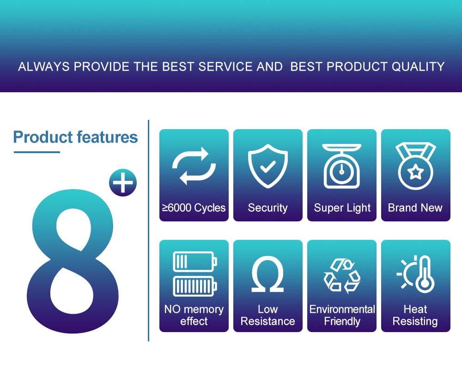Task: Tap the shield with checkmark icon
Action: click(x=268, y=166)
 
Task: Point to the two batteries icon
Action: click(x=194, y=274)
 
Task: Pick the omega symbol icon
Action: click(x=268, y=274)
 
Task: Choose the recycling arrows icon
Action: click(x=342, y=275)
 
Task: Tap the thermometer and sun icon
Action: click(x=416, y=274)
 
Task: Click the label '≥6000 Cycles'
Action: click(x=194, y=208)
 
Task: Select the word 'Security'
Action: click(x=268, y=208)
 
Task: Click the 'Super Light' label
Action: click(x=342, y=208)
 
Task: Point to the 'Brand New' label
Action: click(x=415, y=208)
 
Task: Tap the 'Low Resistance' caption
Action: click(x=268, y=315)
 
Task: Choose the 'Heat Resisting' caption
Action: click(x=415, y=315)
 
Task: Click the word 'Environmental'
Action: click(x=342, y=309)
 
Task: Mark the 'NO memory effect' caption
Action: click(x=194, y=315)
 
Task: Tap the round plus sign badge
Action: click(x=123, y=183)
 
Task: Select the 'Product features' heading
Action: click(x=76, y=137)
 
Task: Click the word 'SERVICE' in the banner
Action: click(x=224, y=66)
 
